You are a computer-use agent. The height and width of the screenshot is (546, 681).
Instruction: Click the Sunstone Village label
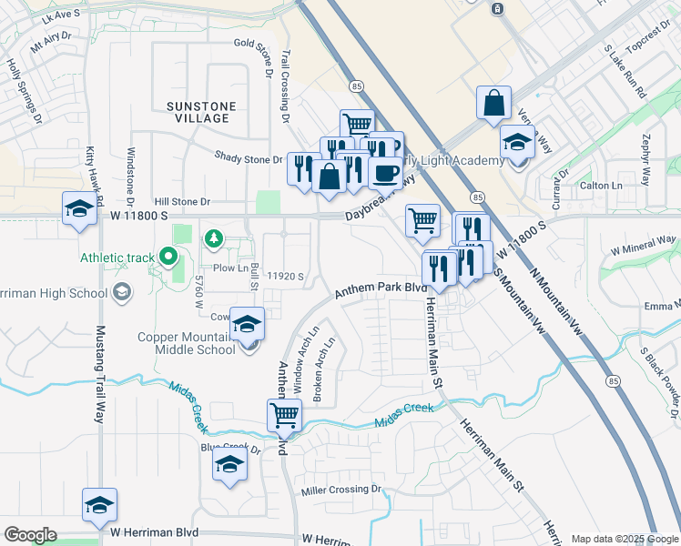201,112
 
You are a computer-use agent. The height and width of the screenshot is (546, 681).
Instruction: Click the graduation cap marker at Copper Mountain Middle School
247,324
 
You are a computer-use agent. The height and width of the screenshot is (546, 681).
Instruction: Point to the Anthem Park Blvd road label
381,289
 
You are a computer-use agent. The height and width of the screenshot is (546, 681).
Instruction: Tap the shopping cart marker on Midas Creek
285,415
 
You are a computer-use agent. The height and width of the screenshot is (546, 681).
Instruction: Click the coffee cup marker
385,172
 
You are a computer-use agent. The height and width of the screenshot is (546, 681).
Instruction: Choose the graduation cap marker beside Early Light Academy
516,142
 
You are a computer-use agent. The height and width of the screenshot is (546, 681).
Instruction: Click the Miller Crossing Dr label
341,490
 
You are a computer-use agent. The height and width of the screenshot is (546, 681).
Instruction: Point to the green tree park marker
214,238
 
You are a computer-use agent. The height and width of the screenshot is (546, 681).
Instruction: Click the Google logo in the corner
30,535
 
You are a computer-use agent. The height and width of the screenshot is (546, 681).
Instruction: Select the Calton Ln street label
601,186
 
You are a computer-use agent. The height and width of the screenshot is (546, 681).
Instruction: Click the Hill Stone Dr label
182,202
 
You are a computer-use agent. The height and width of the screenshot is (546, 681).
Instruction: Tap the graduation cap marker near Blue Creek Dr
229,465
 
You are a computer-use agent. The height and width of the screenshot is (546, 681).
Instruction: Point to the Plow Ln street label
230,268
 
